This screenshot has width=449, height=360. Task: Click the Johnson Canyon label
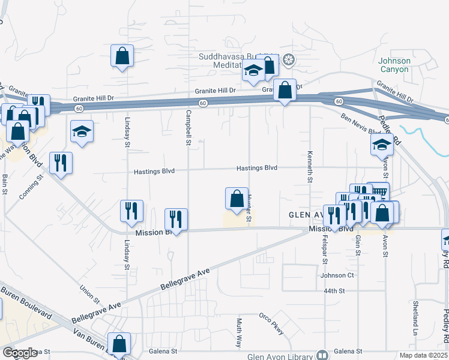click(394, 65)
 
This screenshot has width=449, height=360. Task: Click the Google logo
click(20, 353)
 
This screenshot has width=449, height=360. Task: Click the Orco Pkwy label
click(271, 324)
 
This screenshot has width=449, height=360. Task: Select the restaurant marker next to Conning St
click(61, 163)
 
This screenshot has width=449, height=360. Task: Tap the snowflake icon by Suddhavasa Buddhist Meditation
click(289, 60)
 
